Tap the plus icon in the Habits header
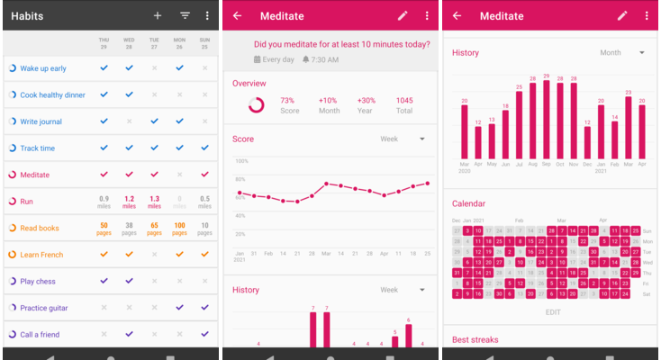click(158, 15)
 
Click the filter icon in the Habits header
click(185, 15)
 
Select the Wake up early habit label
click(43, 68)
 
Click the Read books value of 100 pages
click(179, 228)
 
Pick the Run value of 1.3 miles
click(154, 201)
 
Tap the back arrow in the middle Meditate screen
click(237, 15)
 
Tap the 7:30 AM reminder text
click(325, 59)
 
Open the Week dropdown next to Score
click(402, 139)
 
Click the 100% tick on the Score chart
click(241, 162)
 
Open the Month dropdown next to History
click(622, 53)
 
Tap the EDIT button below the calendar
click(552, 311)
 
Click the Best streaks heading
click(475, 340)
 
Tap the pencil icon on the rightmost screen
click(621, 15)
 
